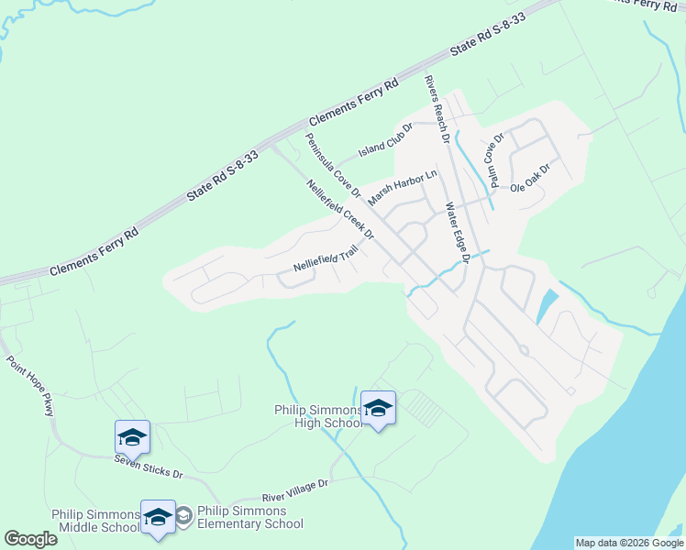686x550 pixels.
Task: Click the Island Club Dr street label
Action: pos(385,138)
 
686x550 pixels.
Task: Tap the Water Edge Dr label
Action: pos(457,235)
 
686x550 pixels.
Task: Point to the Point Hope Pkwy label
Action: pos(30,385)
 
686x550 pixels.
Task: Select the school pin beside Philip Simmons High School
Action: pos(378,409)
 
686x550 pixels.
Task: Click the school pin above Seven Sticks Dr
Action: pos(132,437)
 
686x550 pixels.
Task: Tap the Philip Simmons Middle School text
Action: pos(95,520)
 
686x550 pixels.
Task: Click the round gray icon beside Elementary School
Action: pos(183,517)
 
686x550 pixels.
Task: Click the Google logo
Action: pos(30,539)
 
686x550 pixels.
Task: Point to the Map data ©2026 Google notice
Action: pos(630,543)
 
